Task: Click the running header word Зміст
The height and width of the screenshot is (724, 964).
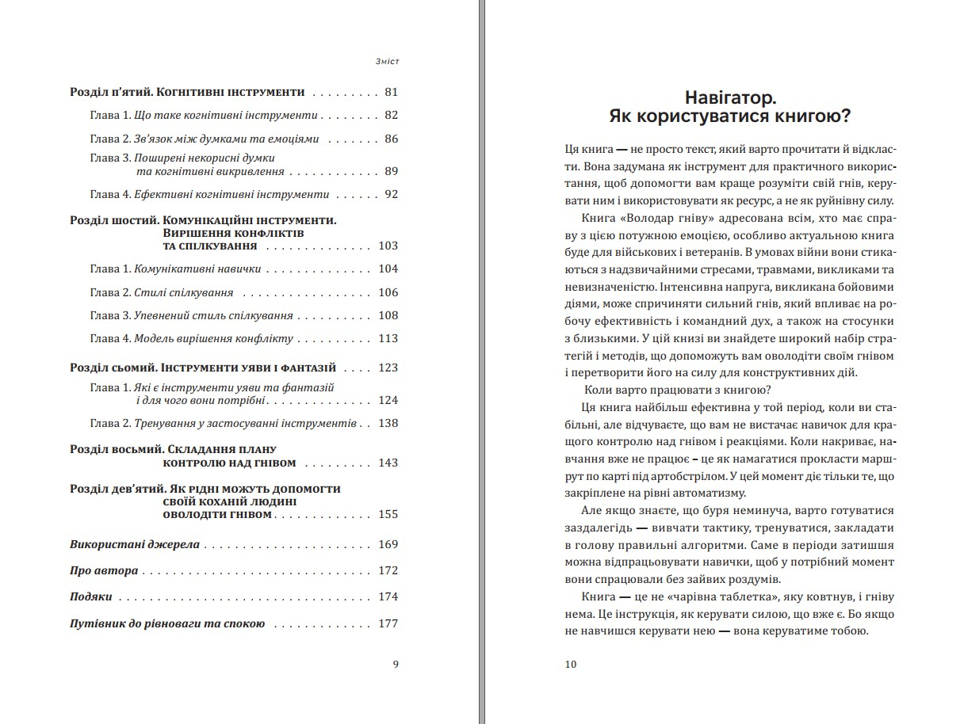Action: [386, 62]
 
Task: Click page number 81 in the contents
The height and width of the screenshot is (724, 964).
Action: [390, 92]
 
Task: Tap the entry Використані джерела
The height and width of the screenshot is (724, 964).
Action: [134, 544]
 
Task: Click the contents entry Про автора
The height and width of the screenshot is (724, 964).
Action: [104, 570]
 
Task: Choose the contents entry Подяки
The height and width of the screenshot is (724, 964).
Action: [90, 596]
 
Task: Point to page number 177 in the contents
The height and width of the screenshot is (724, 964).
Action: [388, 623]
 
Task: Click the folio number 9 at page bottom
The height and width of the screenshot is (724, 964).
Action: [396, 664]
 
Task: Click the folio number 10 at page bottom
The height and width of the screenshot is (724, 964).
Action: [571, 664]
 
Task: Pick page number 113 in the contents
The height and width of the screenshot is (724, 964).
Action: [388, 338]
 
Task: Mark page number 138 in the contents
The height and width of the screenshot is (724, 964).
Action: [388, 423]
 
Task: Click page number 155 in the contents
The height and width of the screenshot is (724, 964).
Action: [388, 514]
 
